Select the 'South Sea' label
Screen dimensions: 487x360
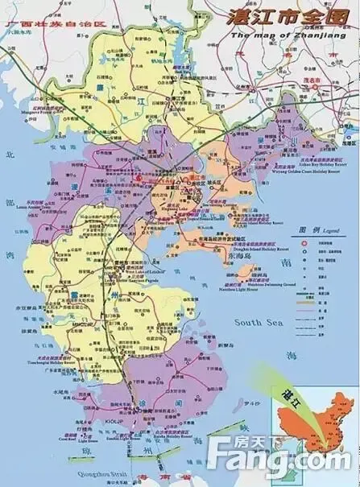pyautogui.click(x=255, y=322)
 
